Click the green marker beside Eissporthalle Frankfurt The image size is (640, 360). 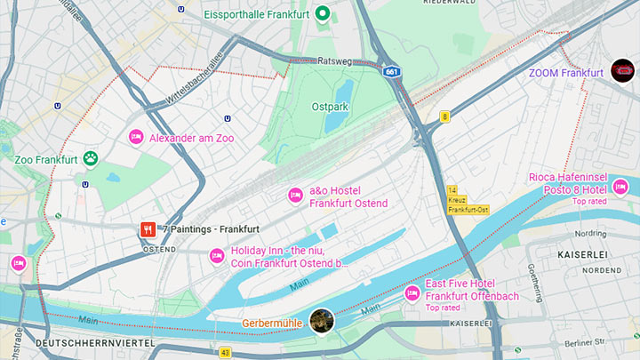point(324,13)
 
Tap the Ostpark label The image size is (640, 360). point(329,106)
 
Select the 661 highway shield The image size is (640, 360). point(393,71)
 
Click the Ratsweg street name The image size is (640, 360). point(335,61)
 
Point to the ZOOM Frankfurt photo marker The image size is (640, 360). point(623,71)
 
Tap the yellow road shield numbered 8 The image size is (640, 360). point(444,116)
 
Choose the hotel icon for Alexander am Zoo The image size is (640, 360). point(136,138)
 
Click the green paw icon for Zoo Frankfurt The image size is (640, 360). point(90,159)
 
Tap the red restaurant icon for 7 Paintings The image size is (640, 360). point(148,229)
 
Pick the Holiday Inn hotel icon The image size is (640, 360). point(216,256)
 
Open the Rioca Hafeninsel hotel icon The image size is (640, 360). point(620,187)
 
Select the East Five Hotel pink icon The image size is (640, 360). point(412,293)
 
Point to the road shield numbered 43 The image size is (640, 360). point(225,353)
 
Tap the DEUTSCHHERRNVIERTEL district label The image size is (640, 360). point(94,342)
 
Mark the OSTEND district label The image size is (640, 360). point(159,250)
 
